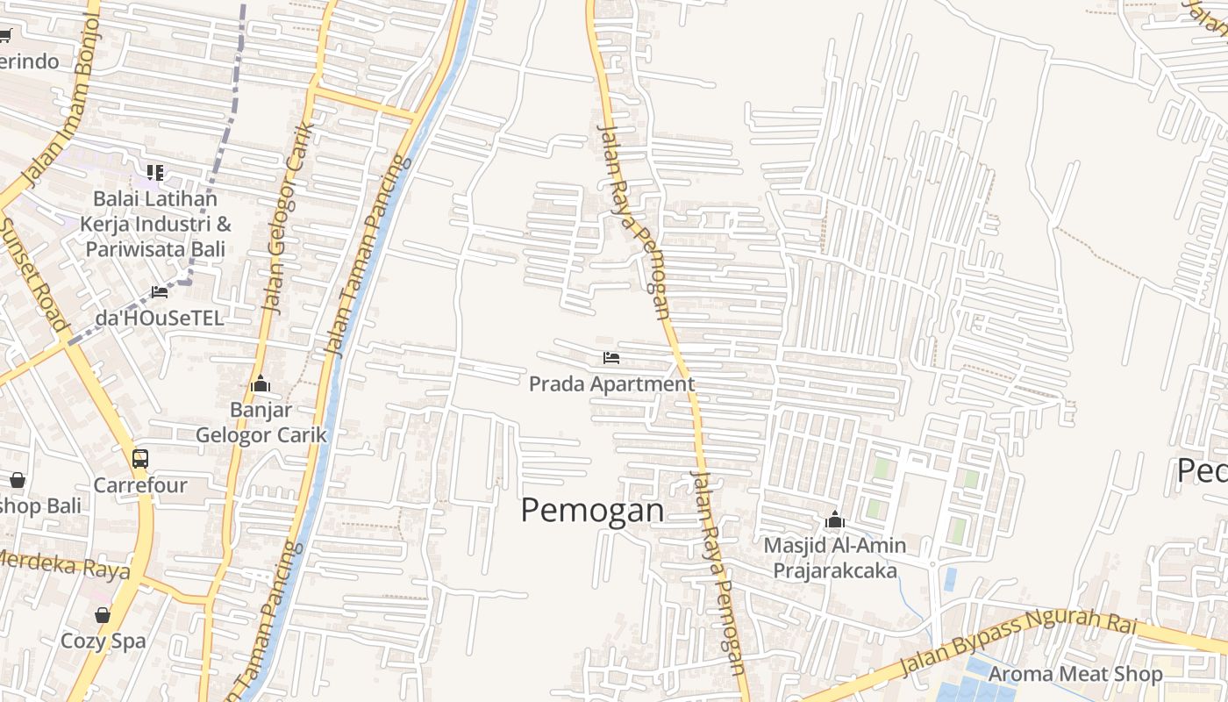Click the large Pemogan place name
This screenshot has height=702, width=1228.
pyautogui.click(x=592, y=510)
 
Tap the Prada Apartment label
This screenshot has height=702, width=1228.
pyautogui.click(x=611, y=384)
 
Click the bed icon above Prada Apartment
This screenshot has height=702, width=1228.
pyautogui.click(x=611, y=357)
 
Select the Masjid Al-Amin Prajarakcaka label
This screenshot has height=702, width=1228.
pyautogui.click(x=834, y=558)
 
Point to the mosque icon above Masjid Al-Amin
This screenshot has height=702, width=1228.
pyautogui.click(x=834, y=520)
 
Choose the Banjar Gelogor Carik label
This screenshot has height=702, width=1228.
pyautogui.click(x=261, y=422)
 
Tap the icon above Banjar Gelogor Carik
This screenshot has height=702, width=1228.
pyautogui.click(x=261, y=384)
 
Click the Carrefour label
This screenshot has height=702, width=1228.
pyautogui.click(x=140, y=485)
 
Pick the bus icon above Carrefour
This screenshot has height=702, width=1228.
pyautogui.click(x=140, y=458)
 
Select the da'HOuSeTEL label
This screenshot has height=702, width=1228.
pyautogui.click(x=160, y=318)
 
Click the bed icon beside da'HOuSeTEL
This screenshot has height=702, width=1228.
pyautogui.click(x=160, y=291)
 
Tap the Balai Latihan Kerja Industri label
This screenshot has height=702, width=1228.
pyautogui.click(x=154, y=224)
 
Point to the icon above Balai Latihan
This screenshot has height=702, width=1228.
pyautogui.click(x=155, y=172)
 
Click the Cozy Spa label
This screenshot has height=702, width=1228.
pyautogui.click(x=104, y=641)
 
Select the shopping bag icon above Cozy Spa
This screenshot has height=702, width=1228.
pyautogui.click(x=103, y=615)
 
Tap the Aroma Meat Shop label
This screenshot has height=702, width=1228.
pyautogui.click(x=1075, y=674)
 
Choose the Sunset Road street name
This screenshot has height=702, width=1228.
pyautogui.click(x=32, y=273)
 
